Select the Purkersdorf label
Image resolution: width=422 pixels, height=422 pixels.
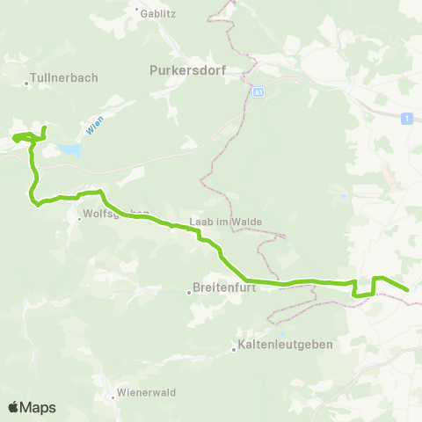tap(186, 69)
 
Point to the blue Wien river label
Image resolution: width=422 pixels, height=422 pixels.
tap(96, 127)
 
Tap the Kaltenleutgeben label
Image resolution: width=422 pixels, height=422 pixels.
tap(285, 346)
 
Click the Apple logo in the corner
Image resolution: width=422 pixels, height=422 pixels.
tap(14, 407)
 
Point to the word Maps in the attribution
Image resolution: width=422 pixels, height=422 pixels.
tap(39, 407)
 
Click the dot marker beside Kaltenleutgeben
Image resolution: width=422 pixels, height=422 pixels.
tap(235, 349)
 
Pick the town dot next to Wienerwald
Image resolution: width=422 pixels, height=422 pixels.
tap(113, 397)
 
